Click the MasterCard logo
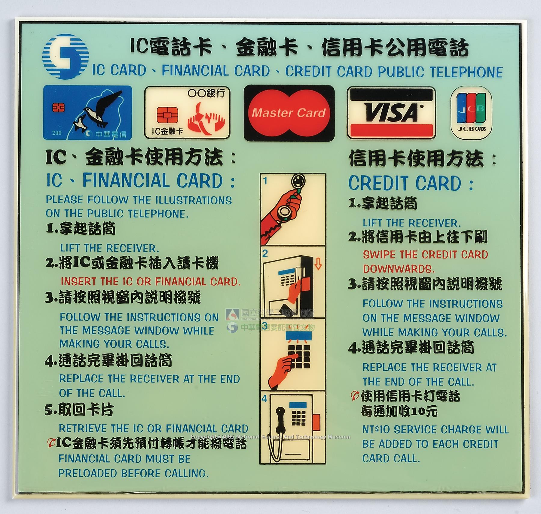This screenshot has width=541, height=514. pos(289,113)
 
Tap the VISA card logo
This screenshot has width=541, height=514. pos(391,113)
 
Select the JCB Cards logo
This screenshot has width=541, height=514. pos(471,113)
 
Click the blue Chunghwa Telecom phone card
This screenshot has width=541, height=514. pos(87,113)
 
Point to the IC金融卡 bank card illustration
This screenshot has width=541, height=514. pos(187,113)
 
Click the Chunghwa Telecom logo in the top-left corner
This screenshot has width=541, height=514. pos(66,57)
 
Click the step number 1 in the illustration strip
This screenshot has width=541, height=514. pos(265,181)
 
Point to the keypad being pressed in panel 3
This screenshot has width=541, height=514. pos(298,356)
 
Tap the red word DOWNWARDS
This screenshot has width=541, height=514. pos(399,268)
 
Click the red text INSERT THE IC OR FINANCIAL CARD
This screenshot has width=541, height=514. pos(151,281)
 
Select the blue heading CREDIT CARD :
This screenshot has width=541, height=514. pos(411,183)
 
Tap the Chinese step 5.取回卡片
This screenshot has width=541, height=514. pos(79,410)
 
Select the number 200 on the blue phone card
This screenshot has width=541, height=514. pos(57,133)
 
